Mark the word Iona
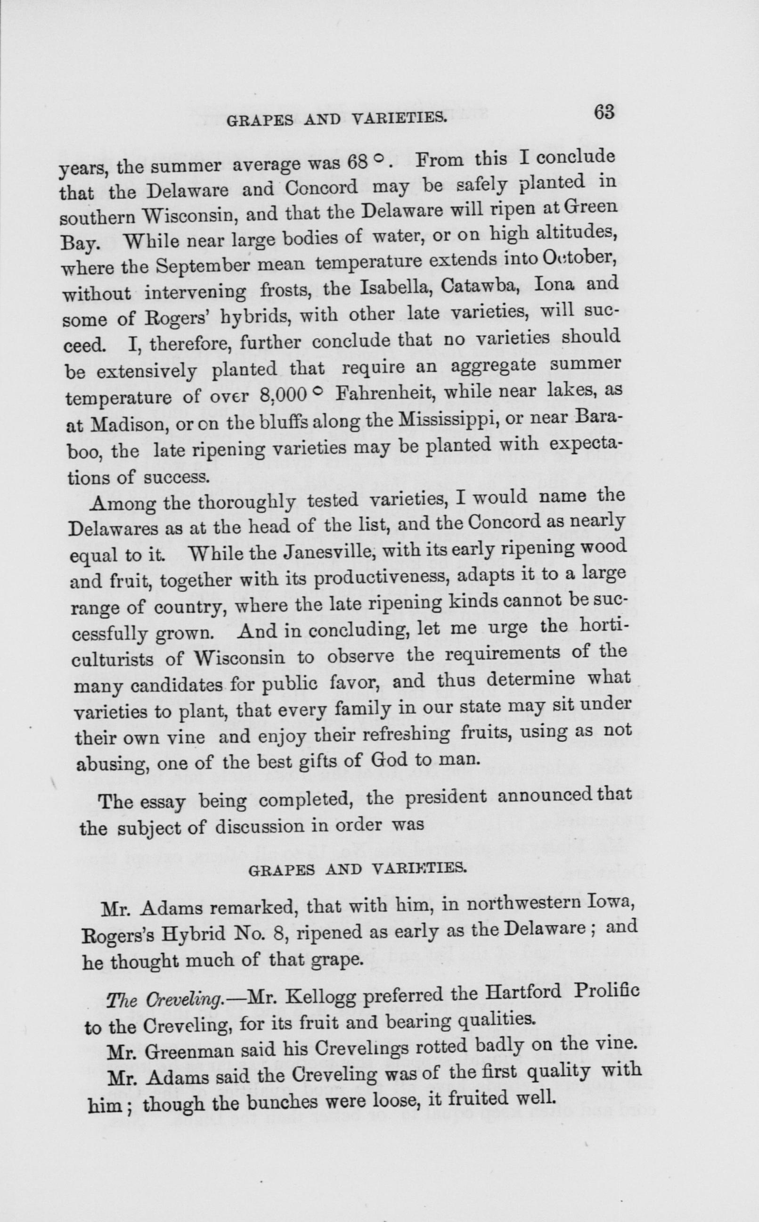coord(551,284)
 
